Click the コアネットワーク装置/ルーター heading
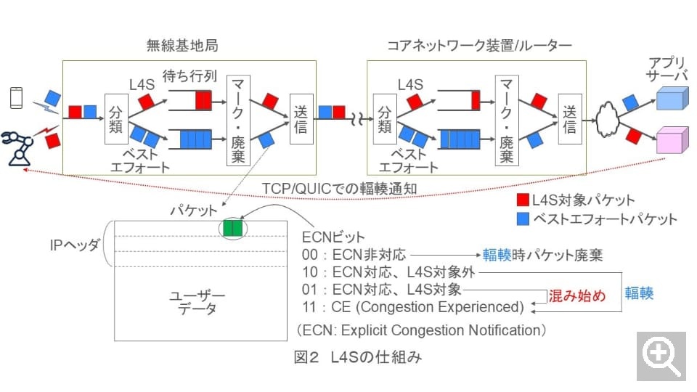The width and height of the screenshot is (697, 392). click(x=479, y=46)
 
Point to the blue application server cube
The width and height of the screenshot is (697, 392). click(x=671, y=99)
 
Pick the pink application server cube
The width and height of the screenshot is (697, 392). click(x=671, y=142)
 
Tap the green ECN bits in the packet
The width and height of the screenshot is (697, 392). click(x=232, y=229)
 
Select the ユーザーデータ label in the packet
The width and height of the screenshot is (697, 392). click(x=197, y=303)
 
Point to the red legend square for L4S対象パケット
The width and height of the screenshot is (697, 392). click(x=523, y=200)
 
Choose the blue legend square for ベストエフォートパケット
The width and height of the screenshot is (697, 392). click(x=523, y=219)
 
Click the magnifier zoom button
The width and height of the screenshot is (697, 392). click(x=661, y=356)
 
